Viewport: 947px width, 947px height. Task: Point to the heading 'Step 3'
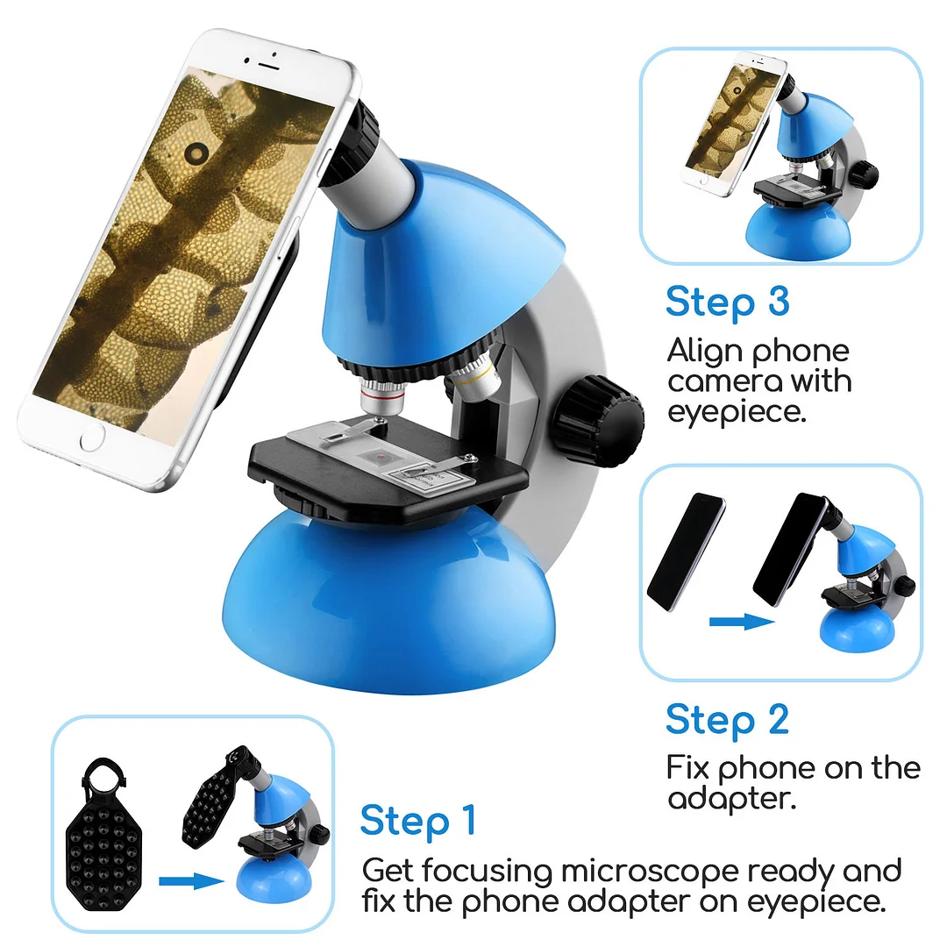727,302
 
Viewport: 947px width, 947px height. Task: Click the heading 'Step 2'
727,719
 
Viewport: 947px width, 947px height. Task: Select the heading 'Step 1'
417,821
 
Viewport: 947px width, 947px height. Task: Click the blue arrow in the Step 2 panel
741,621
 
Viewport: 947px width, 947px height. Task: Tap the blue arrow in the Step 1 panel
192,880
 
